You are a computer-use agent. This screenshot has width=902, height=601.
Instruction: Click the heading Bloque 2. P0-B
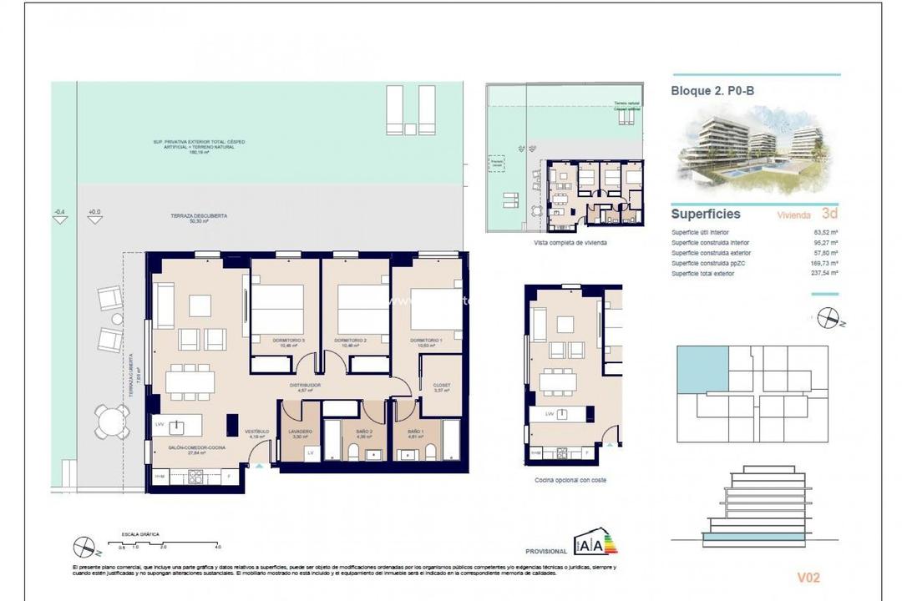(712, 92)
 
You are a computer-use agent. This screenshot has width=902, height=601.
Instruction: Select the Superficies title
(706, 215)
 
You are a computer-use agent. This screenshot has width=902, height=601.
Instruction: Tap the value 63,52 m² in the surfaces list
(825, 233)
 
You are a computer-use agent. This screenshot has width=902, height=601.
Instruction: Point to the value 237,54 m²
(823, 273)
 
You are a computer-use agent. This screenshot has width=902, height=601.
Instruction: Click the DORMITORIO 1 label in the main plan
(426, 341)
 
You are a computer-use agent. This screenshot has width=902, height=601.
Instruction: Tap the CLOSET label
(442, 386)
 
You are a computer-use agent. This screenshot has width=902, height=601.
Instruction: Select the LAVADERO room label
(300, 431)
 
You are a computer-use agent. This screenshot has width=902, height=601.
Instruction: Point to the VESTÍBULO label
(256, 432)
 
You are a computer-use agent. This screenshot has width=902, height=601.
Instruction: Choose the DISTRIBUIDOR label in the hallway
(306, 386)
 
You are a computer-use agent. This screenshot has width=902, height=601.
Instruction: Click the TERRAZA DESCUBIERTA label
(187, 215)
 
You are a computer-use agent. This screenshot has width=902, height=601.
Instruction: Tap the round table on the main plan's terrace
(111, 422)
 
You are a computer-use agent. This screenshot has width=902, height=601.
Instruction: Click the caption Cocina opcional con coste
(571, 481)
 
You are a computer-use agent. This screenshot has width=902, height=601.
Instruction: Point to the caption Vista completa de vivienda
(570, 242)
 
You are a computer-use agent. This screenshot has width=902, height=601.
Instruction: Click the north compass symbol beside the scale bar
(84, 545)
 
